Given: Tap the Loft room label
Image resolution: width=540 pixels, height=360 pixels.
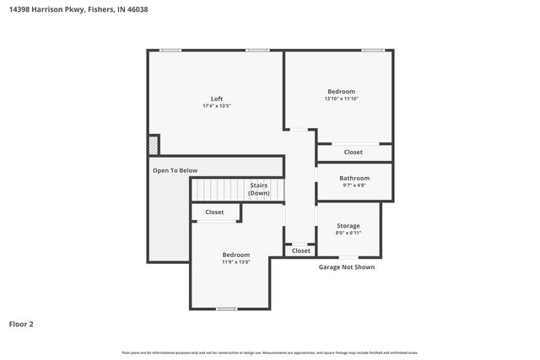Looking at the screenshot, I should pos(217,99).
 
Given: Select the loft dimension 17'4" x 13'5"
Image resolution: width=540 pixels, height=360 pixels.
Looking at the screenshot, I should pos(217,107).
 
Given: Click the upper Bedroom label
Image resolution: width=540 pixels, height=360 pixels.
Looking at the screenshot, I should pos(341,91).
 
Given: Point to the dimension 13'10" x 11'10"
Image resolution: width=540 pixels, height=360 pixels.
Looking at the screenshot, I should pos(341,99).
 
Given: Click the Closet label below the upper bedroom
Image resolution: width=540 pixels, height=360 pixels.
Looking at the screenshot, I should pos(354,153).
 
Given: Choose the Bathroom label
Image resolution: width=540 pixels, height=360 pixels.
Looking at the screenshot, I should pos(354,178).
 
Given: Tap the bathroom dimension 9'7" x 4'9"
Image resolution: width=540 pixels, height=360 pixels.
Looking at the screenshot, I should pos(354,186).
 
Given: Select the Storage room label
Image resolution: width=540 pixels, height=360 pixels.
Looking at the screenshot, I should pos(348,225).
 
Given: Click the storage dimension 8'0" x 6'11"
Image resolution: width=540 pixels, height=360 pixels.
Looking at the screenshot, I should pos(348,234).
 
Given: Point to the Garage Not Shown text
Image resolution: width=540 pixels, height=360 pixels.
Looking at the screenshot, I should pos(346,267).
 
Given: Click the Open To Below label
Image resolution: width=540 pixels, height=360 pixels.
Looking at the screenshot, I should pos(175,170).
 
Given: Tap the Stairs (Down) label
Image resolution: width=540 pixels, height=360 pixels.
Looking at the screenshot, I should pos(259,189).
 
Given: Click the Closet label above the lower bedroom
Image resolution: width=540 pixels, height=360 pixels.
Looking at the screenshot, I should pos(215,212).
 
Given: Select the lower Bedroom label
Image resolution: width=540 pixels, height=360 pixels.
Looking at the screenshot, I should pos(236,254).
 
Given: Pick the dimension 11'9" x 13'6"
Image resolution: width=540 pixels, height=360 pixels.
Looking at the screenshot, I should pos(236,262).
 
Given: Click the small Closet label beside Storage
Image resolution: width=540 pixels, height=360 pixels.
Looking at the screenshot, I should pos(300,250).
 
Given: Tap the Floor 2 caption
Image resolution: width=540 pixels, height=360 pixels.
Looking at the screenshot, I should pos(21,324).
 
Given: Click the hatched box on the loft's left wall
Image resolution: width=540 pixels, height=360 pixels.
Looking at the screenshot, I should pos(153,146).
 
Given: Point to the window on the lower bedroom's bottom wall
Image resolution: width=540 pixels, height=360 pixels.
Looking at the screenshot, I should pos(226,309).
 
